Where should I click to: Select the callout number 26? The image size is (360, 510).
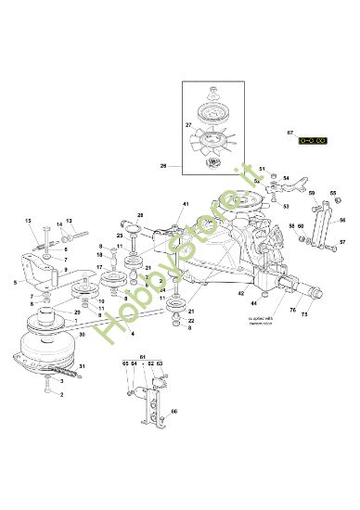[163, 167]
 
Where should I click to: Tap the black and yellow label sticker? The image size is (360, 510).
[312, 140]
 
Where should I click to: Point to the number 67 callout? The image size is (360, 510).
[315, 131]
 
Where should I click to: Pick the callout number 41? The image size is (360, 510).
[185, 204]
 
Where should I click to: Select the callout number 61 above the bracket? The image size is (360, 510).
[142, 357]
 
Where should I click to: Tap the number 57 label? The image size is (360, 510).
[341, 242]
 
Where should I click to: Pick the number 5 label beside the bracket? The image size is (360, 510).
[16, 282]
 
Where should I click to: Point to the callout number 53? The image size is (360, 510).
[285, 207]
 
